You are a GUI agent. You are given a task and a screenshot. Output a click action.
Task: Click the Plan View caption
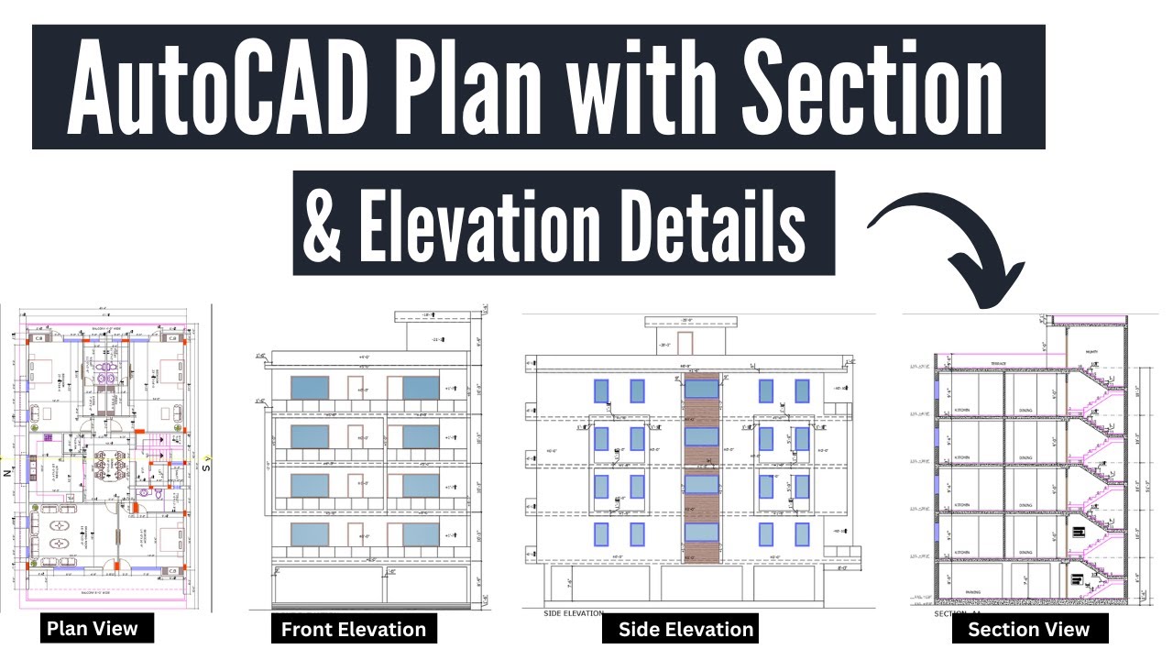coord(92,628)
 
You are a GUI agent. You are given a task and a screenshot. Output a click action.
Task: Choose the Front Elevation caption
coord(353,629)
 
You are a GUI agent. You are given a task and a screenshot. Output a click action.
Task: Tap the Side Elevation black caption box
coord(685,629)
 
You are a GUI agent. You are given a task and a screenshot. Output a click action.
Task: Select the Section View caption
coord(1028,629)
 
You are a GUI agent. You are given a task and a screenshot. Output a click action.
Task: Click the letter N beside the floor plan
coord(7,473)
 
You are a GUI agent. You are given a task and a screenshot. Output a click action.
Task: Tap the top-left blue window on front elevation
coord(309,387)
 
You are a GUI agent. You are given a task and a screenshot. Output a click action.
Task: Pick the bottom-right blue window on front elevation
coord(421,534)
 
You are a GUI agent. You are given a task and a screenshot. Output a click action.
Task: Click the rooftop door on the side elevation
coord(685,343)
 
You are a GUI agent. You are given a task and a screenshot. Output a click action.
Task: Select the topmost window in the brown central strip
coord(701,389)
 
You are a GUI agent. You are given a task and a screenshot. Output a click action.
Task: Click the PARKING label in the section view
coord(973,592)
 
